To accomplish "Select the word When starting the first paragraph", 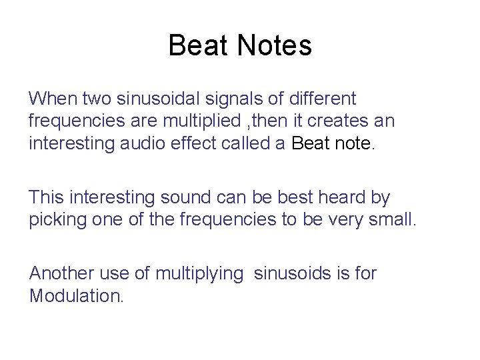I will [x=53, y=99].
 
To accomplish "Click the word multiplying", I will [x=199, y=273].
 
